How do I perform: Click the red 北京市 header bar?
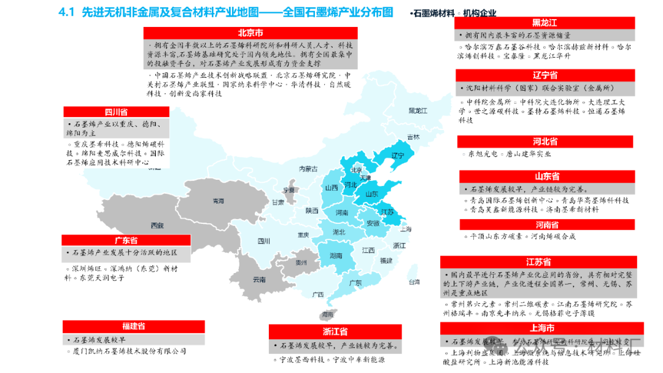tap(250, 33)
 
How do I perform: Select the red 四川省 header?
tap(116, 112)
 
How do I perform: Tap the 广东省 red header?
tap(126, 240)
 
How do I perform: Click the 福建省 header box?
tap(133, 326)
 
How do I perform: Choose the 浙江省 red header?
tap(335, 332)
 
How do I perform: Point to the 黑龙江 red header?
tap(545, 23)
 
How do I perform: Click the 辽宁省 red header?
tap(545, 75)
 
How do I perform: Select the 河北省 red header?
tap(545, 142)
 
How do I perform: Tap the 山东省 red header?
tap(547, 177)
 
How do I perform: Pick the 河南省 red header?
tap(547, 225)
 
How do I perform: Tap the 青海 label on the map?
tap(218, 201)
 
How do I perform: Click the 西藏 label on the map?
tap(158, 226)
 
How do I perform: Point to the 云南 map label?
tap(259, 279)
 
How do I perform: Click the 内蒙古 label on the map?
tap(308, 169)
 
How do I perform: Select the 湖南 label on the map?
tap(335, 255)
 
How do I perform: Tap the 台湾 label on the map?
tap(415, 282)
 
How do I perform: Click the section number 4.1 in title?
tap(66, 12)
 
